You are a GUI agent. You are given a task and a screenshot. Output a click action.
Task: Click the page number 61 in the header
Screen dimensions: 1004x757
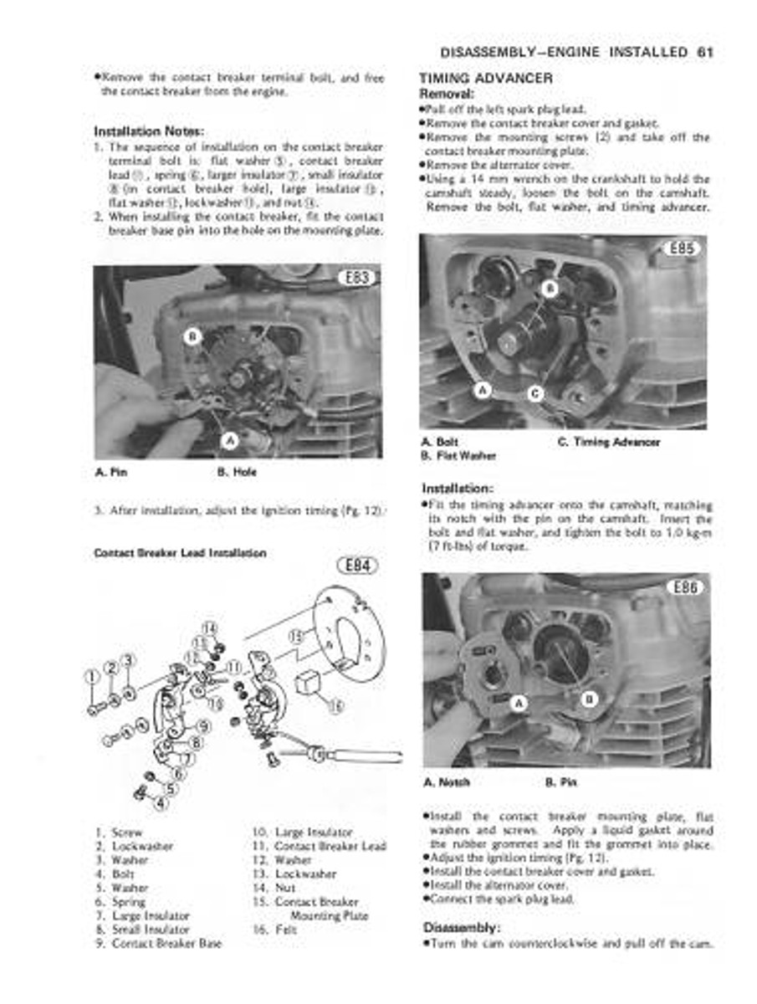point(703,53)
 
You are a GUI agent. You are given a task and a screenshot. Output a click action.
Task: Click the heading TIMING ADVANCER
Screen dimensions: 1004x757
point(485,79)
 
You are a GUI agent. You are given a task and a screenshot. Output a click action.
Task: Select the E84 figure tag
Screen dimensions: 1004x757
point(356,566)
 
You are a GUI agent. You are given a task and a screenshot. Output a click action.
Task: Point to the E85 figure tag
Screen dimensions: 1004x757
point(683,248)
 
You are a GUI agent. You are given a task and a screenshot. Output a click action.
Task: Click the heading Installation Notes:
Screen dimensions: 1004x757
point(149,131)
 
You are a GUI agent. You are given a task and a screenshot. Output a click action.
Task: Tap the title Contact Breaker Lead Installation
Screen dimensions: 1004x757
point(180,553)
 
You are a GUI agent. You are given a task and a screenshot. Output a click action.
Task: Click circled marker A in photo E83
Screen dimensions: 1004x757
point(230,439)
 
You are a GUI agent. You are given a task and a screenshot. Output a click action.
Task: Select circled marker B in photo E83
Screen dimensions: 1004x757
point(192,337)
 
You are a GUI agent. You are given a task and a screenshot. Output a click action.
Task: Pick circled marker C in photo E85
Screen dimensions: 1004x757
point(535,393)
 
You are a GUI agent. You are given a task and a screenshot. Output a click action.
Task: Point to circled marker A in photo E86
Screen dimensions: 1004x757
point(518,704)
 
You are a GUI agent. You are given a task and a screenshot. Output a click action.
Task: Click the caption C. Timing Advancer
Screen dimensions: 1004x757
point(608,442)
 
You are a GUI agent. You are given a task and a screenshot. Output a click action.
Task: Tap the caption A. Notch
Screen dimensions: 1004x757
point(446,782)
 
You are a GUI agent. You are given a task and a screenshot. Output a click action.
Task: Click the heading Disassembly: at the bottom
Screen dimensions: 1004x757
point(461,927)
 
